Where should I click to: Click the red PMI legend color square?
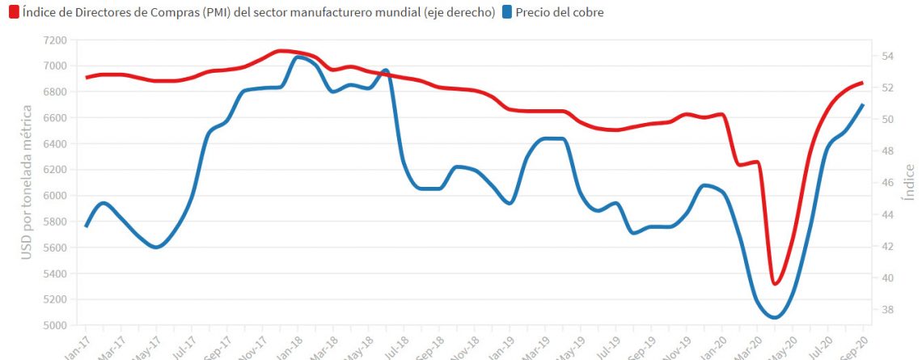click(14, 12)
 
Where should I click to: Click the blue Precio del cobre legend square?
click(506, 12)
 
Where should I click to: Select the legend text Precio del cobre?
click(559, 12)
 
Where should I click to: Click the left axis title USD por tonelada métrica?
click(26, 183)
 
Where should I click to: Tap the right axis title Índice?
click(910, 183)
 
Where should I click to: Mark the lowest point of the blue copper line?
click(774, 317)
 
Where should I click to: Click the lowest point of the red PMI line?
click(775, 284)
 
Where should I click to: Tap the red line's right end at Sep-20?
click(863, 83)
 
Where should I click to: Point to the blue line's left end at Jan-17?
click(86, 226)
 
